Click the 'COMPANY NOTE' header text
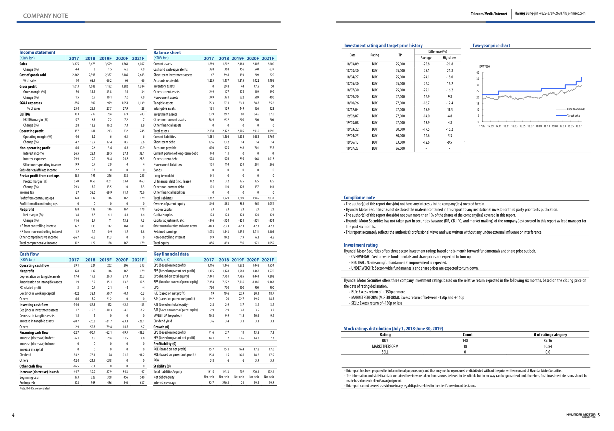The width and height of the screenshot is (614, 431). pos(45,16)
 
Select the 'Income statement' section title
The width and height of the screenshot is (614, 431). pos(38,52)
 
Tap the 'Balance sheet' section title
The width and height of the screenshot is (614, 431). pos(167,53)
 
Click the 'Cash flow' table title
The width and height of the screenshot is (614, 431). pos(29,254)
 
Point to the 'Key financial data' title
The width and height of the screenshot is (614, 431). pos(171,254)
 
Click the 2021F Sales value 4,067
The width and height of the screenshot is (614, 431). pos(141,64)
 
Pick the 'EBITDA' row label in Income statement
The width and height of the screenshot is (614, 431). pos(24,114)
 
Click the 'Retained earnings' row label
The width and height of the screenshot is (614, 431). pos(165,232)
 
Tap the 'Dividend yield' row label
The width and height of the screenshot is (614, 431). pos(163,321)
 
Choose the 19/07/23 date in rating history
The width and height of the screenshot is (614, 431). pos(352,149)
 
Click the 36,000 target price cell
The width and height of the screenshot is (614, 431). pos(400,149)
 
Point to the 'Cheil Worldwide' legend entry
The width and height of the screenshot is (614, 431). pos(576,109)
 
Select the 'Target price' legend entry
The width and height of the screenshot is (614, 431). pos(573,116)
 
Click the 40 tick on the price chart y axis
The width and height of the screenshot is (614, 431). pos(478,73)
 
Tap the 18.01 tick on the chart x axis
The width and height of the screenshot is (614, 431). pos(507,126)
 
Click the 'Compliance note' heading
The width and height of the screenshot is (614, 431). pos(359,197)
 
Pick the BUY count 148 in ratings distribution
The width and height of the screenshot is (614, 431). pos(465,340)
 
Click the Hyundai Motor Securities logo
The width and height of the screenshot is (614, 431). pos(581,415)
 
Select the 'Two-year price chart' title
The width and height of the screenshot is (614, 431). pos(491,45)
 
